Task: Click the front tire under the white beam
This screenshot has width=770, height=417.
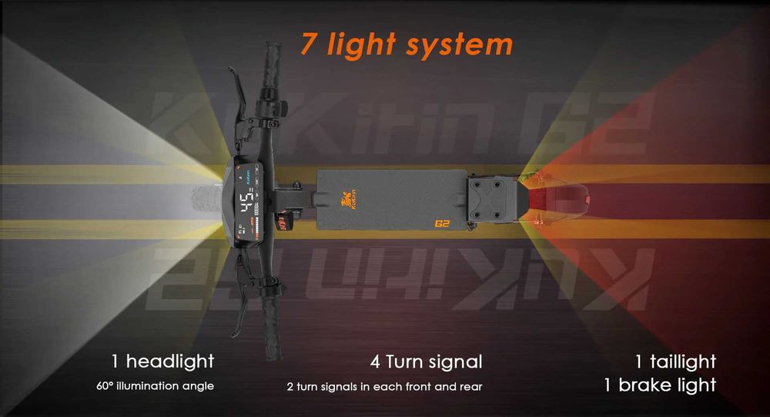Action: [x=205, y=205]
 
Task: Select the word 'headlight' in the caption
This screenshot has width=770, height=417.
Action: [x=169, y=361]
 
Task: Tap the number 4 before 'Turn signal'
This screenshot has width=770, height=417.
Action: [x=375, y=362]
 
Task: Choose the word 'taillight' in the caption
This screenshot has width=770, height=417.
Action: [x=683, y=362]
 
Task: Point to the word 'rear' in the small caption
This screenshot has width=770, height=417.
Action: [x=469, y=386]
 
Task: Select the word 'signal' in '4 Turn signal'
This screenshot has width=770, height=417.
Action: [x=454, y=362]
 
